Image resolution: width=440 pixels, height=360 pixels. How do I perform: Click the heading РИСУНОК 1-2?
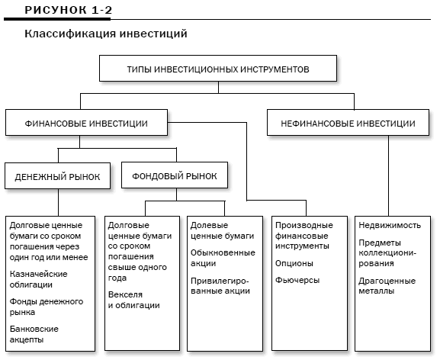(x=68, y=10)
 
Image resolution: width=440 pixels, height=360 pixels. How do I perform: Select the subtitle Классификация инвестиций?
(x=106, y=34)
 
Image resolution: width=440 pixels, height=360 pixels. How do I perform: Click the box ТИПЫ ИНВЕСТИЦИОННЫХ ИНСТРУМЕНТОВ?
(x=218, y=69)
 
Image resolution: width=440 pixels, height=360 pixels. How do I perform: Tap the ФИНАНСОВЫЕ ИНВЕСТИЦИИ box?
(x=86, y=123)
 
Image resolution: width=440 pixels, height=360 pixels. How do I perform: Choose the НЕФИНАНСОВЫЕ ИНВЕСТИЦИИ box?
(x=348, y=123)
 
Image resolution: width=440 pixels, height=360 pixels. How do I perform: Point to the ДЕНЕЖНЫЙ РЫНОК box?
(x=57, y=176)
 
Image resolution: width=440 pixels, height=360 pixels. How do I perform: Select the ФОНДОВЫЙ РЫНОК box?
(x=175, y=175)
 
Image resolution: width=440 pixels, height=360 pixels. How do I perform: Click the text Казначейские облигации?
(x=38, y=279)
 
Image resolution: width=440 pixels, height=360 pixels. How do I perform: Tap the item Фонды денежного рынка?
(x=47, y=307)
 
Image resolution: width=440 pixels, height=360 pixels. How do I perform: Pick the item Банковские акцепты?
(x=34, y=334)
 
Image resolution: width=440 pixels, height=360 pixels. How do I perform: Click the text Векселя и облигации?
(x=134, y=300)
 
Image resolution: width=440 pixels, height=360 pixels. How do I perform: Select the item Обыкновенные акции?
(x=223, y=258)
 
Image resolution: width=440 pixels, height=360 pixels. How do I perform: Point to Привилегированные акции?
(x=220, y=286)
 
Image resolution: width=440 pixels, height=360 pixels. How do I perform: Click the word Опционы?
(x=294, y=263)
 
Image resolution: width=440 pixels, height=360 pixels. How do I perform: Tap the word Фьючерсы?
(x=297, y=280)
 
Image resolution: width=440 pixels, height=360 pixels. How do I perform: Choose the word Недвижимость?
(x=390, y=225)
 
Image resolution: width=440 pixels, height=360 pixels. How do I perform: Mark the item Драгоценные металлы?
(x=387, y=286)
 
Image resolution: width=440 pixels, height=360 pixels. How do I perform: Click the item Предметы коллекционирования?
(x=387, y=252)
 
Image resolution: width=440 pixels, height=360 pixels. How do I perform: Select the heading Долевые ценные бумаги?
(x=222, y=230)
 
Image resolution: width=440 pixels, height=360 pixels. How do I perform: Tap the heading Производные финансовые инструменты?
(x=304, y=236)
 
